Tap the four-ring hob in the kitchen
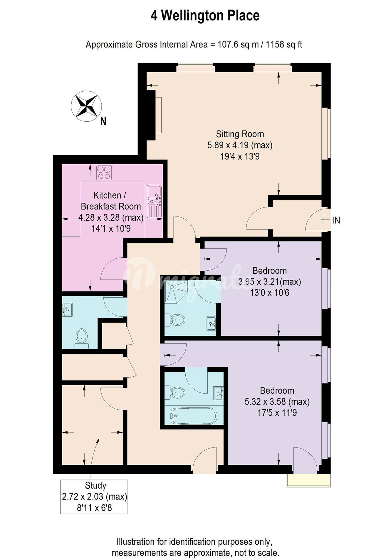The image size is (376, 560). coord(104,173)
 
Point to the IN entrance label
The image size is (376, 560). coord(336,220)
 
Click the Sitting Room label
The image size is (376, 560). coord(240,134)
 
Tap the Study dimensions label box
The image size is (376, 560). coord(94,497)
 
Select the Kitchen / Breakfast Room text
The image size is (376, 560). coord(111,201)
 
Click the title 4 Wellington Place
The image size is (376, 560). coord(205,16)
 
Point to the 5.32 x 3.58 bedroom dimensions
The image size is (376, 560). coord(277,402)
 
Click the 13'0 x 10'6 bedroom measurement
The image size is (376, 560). coord(269,293)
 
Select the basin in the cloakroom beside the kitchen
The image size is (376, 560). coord(67,310)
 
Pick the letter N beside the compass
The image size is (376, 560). coord(103,121)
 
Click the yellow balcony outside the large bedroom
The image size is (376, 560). coord(308,480)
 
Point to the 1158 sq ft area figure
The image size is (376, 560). coord(284,45)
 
